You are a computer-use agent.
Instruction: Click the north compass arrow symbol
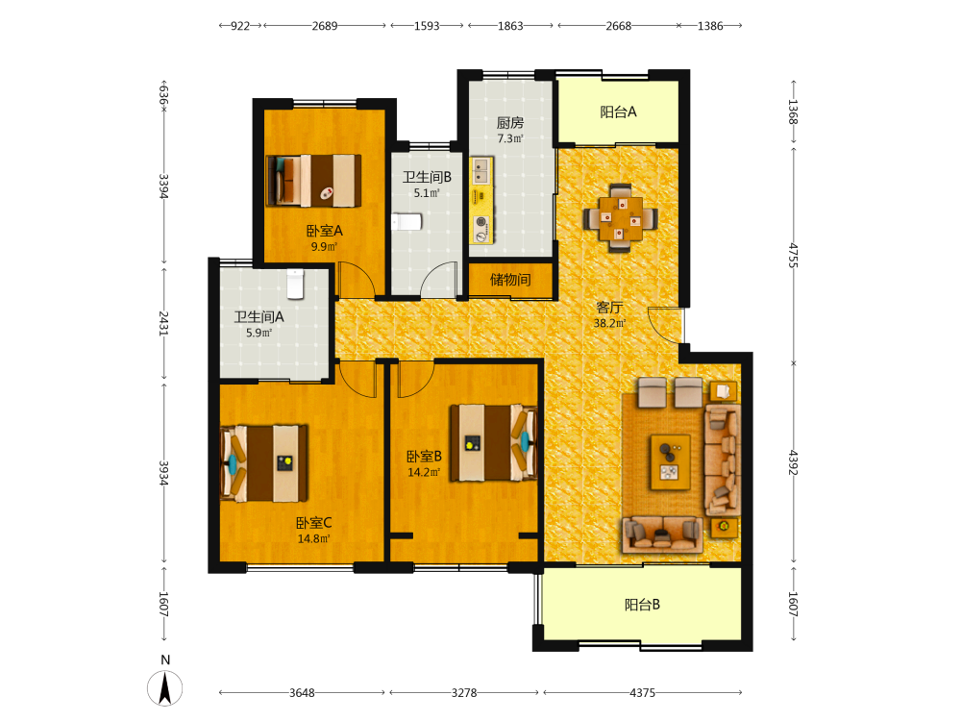coord(165,688)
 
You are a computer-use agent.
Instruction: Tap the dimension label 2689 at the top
coord(324,26)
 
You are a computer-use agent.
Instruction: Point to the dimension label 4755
coord(793,255)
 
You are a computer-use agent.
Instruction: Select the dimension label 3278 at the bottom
coord(464,693)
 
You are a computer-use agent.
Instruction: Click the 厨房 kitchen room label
coord(510,123)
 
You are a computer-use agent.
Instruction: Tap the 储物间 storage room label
coord(510,280)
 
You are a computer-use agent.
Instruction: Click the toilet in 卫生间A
coord(295,284)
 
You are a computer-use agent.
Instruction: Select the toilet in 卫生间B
coord(407,221)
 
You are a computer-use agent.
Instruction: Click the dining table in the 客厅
coord(620,218)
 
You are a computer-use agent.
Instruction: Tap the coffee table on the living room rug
coord(671,462)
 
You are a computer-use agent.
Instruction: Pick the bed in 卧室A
coord(313,181)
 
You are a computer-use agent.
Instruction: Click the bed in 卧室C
coord(263,463)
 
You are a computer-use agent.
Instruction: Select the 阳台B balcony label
coord(642,605)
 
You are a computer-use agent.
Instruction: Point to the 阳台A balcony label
coord(618,112)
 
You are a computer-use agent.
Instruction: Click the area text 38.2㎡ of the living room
coord(609,323)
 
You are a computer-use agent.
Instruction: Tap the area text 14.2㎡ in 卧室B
coord(424,472)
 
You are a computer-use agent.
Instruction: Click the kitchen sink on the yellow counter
coord(481,170)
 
